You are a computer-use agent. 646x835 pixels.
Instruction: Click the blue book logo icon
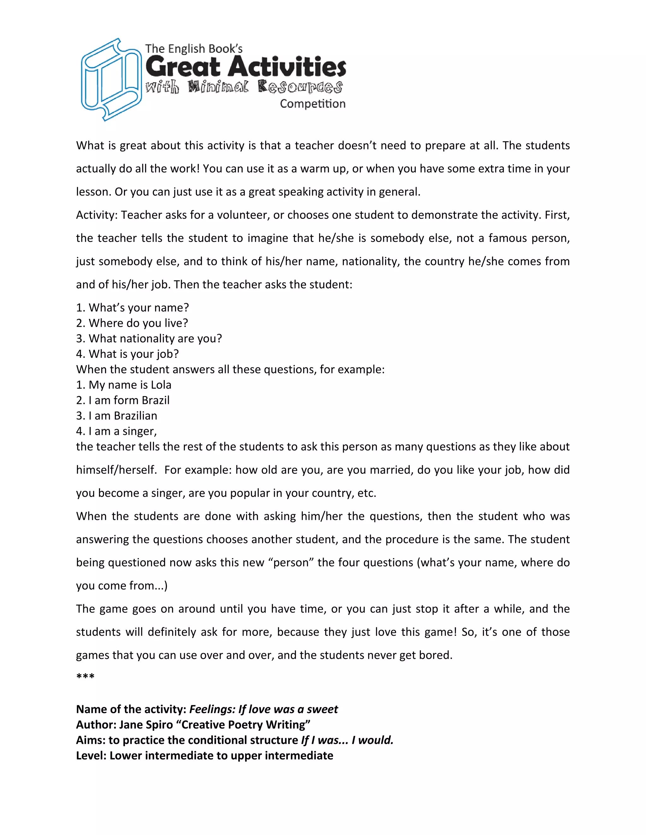coord(111,79)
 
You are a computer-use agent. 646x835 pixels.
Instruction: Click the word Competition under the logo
coord(312,104)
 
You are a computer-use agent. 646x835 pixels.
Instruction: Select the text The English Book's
coord(194,49)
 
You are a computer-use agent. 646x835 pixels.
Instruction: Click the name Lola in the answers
coord(161,385)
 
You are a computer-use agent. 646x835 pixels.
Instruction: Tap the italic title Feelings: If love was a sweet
coord(263,709)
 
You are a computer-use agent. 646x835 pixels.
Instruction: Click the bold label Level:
coord(91,756)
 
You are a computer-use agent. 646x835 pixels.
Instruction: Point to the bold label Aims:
coord(90,740)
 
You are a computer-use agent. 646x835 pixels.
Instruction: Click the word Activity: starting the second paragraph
coord(97,215)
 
